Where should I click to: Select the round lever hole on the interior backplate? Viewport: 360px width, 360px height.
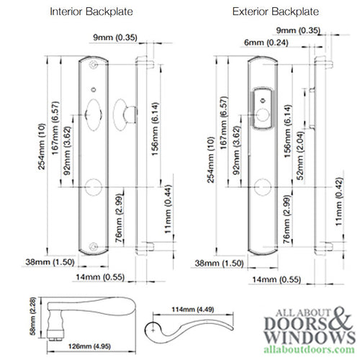point(95,187)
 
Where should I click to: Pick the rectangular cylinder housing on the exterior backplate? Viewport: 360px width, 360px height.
point(264,107)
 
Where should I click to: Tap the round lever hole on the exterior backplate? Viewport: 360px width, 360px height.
point(264,187)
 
